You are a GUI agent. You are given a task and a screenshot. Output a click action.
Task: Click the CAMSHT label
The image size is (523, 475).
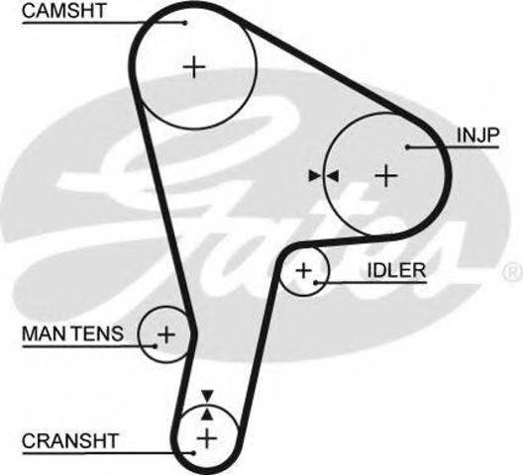(64, 11)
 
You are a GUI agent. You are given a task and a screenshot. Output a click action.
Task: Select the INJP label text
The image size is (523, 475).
(477, 135)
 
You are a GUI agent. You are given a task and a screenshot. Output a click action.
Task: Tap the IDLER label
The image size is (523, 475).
(396, 270)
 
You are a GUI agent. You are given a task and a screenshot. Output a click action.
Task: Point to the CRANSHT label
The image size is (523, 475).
(70, 440)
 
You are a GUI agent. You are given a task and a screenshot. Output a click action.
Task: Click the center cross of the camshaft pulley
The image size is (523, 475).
(194, 67)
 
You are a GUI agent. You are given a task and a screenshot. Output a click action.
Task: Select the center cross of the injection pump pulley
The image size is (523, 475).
(386, 175)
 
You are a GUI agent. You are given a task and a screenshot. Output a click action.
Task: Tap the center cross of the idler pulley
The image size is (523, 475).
(304, 270)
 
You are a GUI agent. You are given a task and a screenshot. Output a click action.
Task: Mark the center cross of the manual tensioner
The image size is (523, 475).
(166, 334)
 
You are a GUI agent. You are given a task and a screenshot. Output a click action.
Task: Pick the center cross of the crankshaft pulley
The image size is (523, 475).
(207, 438)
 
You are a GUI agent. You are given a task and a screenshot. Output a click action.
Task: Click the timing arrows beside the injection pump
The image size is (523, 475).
(324, 176)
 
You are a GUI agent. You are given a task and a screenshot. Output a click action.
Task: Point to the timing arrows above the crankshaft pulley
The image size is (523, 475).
(207, 405)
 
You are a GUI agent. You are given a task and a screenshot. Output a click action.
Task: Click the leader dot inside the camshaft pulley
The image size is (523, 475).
(185, 23)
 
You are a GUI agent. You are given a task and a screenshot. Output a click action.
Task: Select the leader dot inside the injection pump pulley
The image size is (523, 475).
(407, 146)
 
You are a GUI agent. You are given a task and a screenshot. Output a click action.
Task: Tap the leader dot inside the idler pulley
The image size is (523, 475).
(315, 283)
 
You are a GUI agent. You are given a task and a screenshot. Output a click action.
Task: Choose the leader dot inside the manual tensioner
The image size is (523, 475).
(155, 346)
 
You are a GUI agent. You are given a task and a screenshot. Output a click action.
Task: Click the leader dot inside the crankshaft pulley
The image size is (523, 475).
(193, 452)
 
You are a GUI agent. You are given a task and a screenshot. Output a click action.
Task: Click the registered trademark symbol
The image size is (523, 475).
(513, 272)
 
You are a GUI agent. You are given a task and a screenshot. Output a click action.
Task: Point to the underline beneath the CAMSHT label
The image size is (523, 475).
(104, 23)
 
